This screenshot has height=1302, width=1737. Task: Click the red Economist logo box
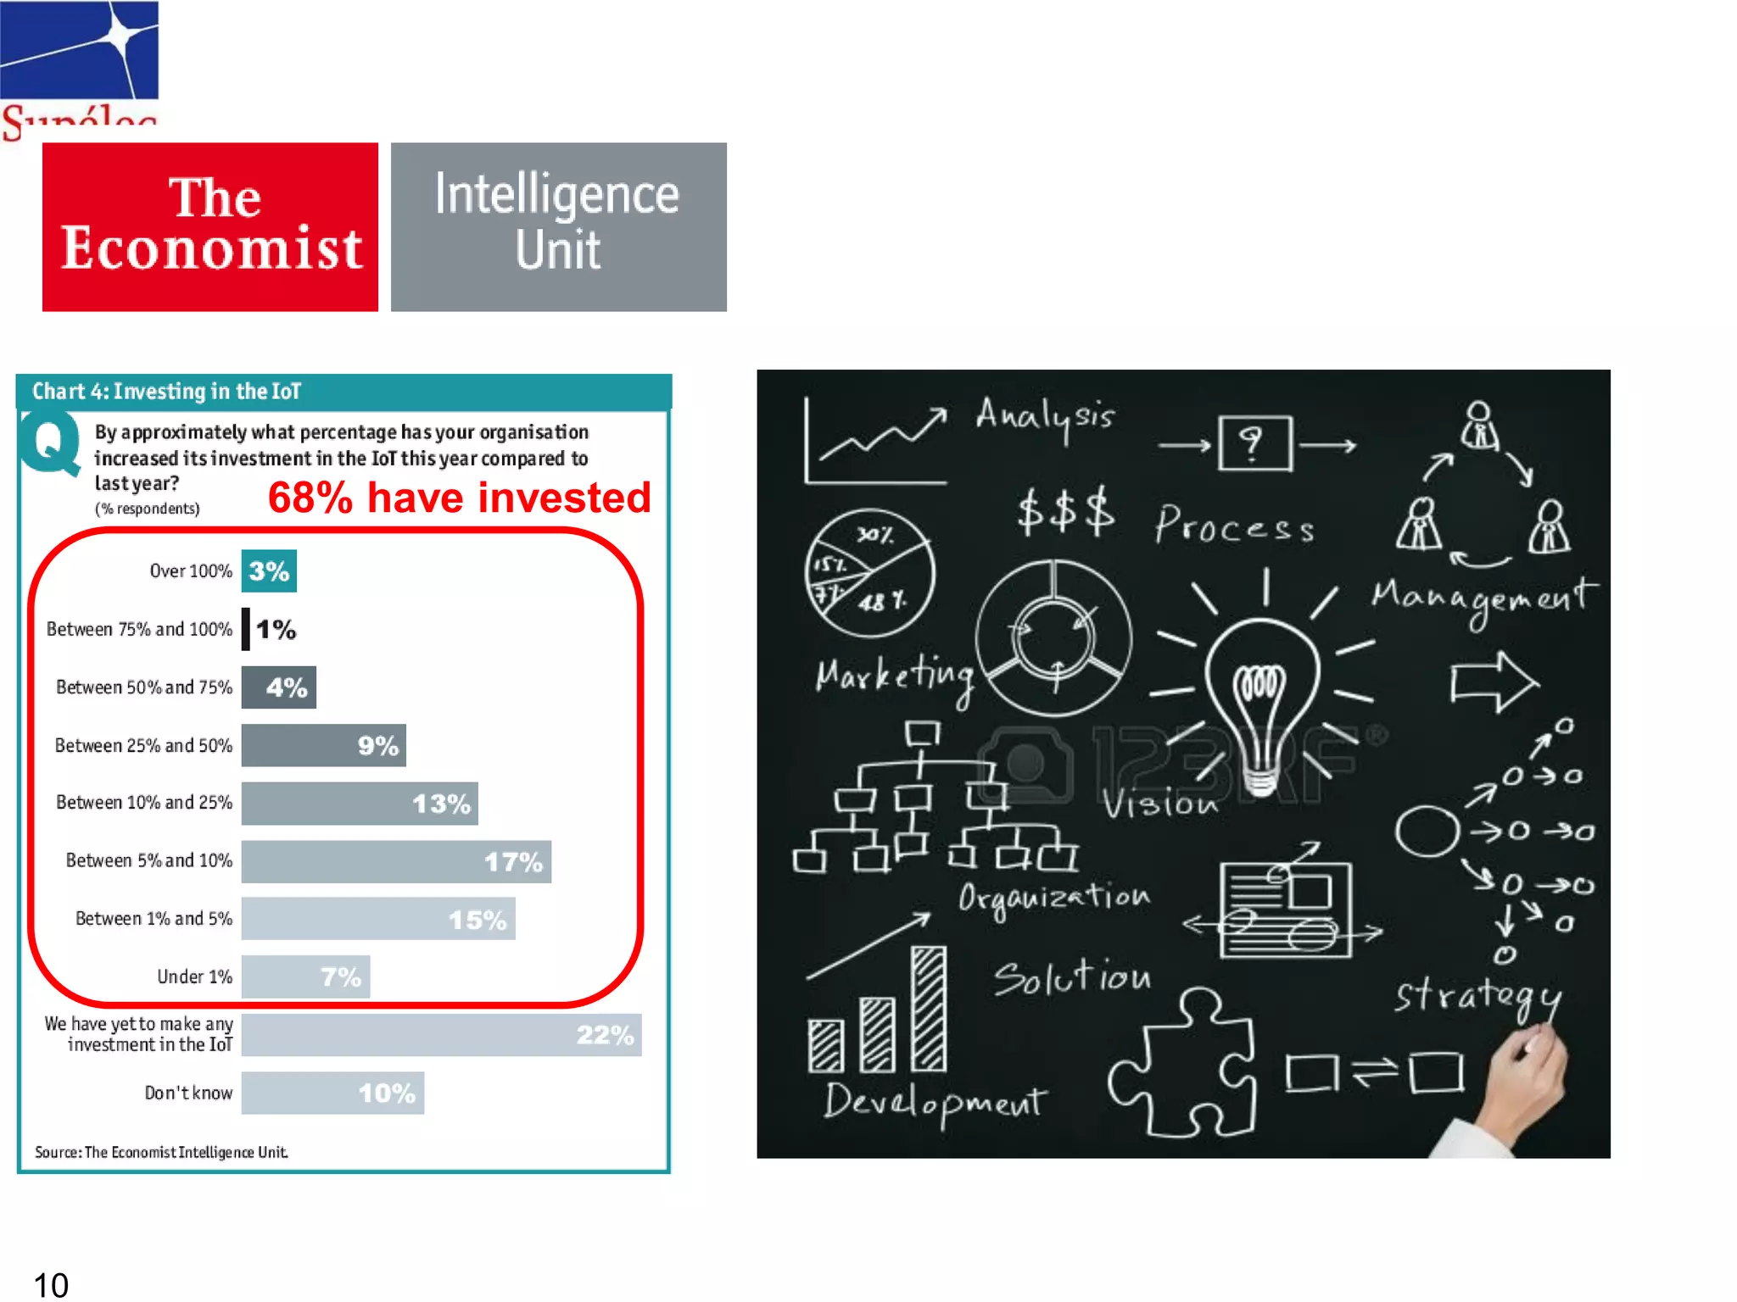[x=210, y=226]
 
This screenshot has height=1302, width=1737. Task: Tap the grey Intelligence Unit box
[x=558, y=226]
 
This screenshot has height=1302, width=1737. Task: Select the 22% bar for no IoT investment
[x=441, y=1035]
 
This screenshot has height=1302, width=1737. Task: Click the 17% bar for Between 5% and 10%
[x=396, y=861]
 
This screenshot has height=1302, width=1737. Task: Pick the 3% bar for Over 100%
[x=269, y=571]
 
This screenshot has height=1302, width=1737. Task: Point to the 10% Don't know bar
[x=332, y=1093]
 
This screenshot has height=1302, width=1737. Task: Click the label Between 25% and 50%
[x=143, y=746]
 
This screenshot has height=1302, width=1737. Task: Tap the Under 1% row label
[x=194, y=976]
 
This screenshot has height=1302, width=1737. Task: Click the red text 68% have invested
[x=459, y=498]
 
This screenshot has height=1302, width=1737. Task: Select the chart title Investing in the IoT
[x=167, y=392]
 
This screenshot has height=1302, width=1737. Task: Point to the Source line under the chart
[x=161, y=1152]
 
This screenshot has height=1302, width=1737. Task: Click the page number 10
[x=51, y=1284]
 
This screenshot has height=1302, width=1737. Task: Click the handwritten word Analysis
[x=1044, y=417]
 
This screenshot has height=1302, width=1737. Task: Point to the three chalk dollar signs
[x=1065, y=511]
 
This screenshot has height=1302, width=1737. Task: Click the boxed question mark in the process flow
[x=1254, y=442]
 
